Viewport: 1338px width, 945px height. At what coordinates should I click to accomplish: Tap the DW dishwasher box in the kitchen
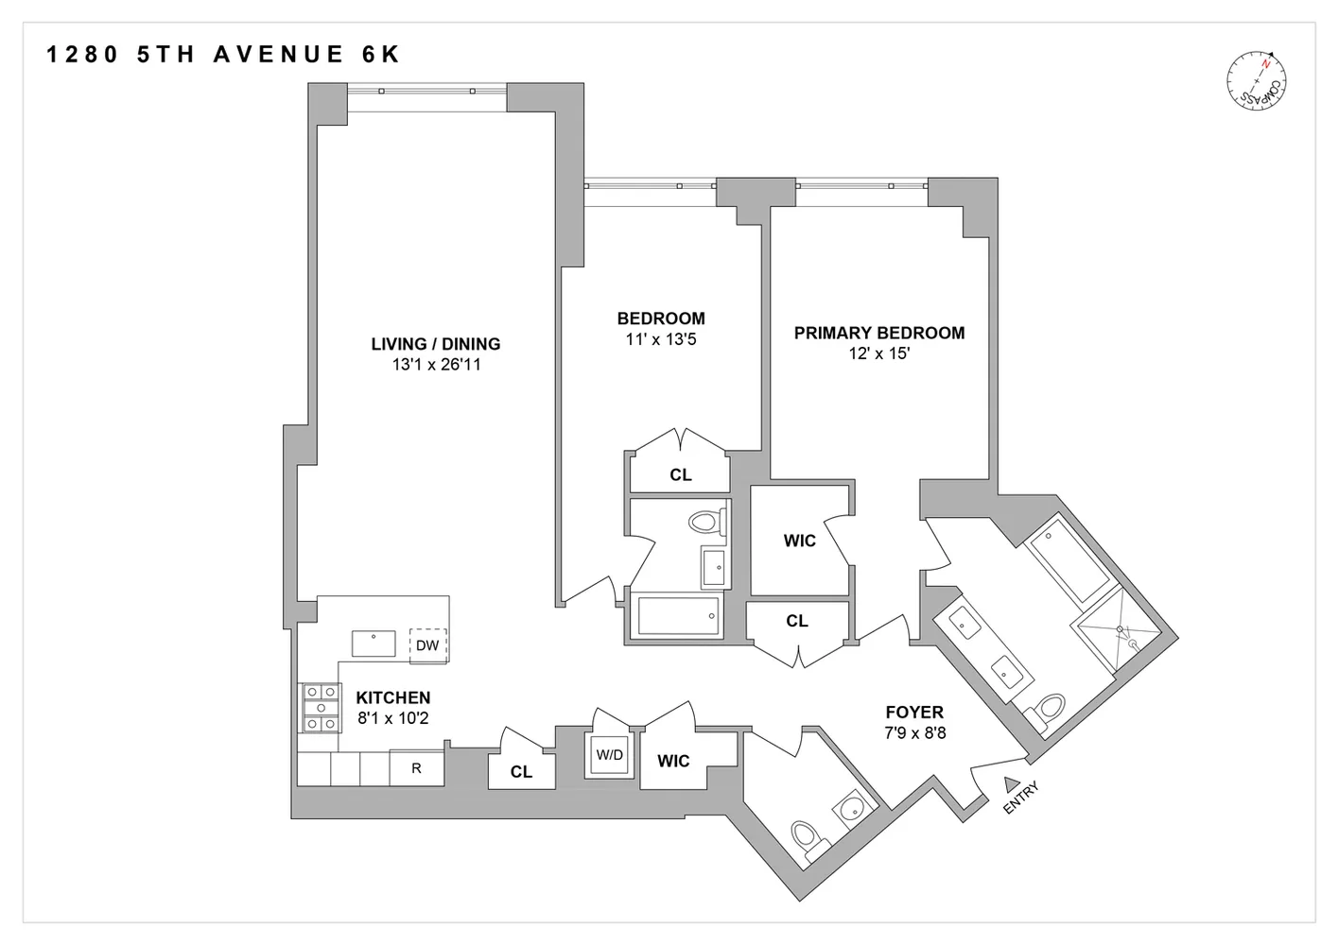(427, 645)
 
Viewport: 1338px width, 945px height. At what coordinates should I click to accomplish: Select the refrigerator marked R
(416, 768)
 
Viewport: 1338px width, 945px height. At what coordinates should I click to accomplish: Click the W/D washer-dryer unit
(610, 755)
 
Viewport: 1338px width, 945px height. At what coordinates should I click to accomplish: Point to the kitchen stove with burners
(321, 708)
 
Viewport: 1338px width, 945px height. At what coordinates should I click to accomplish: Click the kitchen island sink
(374, 644)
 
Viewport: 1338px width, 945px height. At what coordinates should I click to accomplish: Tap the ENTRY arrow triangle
(1011, 782)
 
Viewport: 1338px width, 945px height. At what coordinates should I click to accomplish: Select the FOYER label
(913, 713)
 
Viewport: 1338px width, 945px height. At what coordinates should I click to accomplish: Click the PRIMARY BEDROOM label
(878, 333)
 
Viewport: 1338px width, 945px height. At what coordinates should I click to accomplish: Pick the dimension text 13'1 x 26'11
(436, 365)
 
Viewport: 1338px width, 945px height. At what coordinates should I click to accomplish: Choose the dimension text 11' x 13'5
(660, 339)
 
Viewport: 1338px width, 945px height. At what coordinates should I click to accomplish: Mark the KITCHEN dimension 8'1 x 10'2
(392, 718)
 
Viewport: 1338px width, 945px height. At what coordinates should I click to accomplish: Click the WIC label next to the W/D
(673, 761)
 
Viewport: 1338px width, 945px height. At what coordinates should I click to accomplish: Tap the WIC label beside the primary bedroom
(799, 541)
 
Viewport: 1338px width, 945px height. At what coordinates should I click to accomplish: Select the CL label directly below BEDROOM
(680, 474)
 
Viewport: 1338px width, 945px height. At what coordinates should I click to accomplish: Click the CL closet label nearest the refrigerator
(521, 772)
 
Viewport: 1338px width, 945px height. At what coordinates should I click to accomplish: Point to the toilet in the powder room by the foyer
(805, 839)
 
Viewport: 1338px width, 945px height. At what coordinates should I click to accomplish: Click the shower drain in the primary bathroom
(1121, 628)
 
